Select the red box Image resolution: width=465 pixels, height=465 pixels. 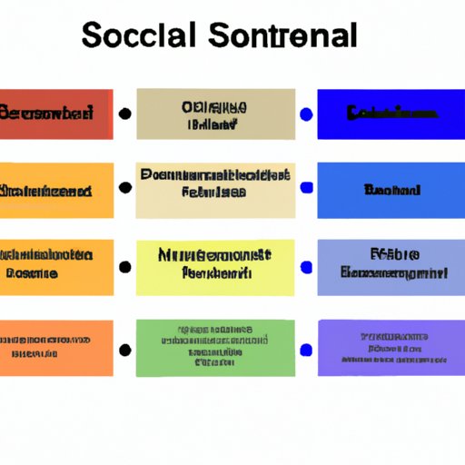(x=56, y=114)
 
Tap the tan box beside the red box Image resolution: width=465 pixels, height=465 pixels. (x=215, y=114)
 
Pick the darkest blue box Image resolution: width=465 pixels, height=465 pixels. (x=391, y=114)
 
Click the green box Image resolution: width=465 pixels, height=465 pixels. (x=215, y=347)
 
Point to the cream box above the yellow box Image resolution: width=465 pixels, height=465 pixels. (x=215, y=191)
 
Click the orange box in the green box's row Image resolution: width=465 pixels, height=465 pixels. (x=56, y=347)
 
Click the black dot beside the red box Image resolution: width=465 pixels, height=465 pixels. (x=124, y=114)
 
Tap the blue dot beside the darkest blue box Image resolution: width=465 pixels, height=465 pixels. (x=306, y=114)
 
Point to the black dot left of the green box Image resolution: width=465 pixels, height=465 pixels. (x=124, y=348)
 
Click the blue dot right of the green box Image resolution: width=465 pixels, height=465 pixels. (x=306, y=348)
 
